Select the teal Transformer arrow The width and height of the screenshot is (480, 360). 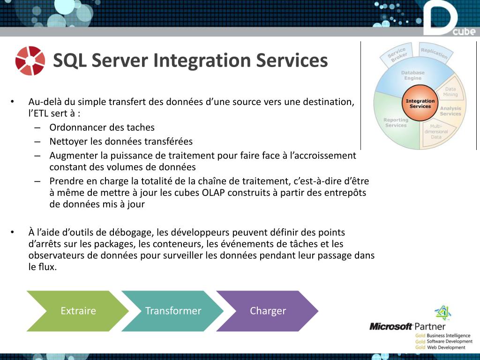coord(173,311)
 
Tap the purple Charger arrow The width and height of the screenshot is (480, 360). coord(268,311)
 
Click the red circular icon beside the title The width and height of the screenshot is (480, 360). coord(30,60)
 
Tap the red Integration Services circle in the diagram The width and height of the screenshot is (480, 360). coord(420,104)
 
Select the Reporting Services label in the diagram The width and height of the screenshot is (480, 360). coord(396,122)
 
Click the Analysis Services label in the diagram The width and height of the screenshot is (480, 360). coord(450,111)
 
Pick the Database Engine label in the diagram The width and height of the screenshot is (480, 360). coord(412,75)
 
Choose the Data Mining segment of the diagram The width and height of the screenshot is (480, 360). coord(450,91)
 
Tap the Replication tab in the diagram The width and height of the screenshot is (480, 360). coord(435,52)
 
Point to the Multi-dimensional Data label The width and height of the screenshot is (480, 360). coord(436,132)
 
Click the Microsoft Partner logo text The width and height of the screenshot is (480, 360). coord(407,326)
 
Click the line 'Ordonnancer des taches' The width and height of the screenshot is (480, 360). coord(102,127)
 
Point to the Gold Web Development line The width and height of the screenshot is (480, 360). coord(440,347)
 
